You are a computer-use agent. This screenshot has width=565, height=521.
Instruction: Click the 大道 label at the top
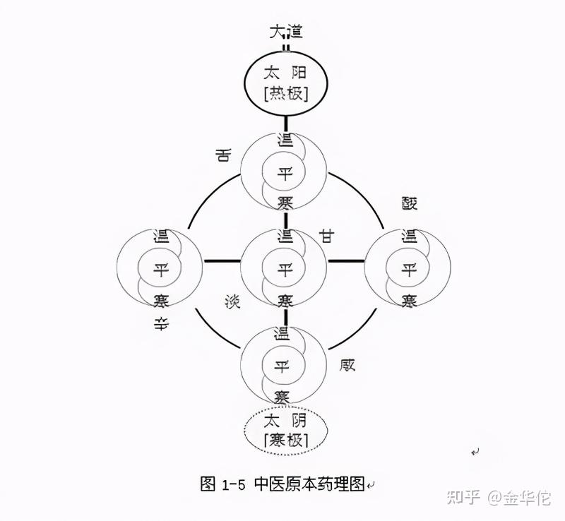286,32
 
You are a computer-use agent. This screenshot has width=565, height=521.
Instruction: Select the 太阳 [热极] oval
286,83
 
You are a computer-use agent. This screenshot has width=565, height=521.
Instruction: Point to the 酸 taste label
410,204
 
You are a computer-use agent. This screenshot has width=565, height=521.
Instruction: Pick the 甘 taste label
327,236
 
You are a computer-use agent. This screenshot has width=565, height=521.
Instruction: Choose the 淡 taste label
232,302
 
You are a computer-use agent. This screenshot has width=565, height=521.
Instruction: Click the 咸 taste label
347,365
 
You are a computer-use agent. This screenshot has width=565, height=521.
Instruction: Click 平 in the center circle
285,269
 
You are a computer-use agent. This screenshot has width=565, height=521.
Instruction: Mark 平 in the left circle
161,269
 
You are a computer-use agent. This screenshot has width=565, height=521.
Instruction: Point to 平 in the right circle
408,269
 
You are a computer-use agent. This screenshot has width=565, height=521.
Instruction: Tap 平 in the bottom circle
283,366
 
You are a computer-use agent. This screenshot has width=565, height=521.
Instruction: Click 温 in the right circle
408,236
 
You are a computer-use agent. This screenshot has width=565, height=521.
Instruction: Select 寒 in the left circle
161,301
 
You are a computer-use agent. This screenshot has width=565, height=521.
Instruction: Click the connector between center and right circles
346,261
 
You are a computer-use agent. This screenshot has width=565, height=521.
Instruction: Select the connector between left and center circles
222,261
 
